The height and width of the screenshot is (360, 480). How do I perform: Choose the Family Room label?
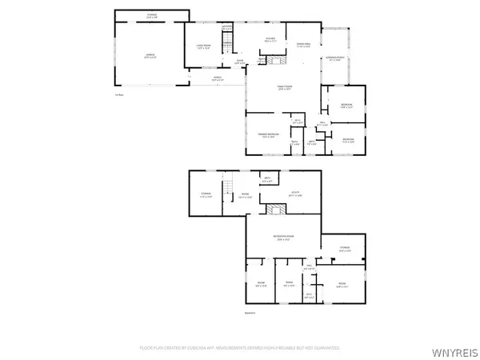pos(282,89)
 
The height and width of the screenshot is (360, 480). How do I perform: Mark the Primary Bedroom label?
pos(267,135)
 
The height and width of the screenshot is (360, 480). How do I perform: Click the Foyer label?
pos(239,61)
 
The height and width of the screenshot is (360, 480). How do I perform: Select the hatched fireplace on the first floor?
pos(277,61)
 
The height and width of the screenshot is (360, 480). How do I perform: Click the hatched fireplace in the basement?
pos(277,210)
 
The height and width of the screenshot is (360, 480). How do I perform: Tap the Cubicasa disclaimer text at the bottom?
pos(240,348)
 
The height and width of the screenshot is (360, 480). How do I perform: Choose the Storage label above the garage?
pos(151,15)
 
